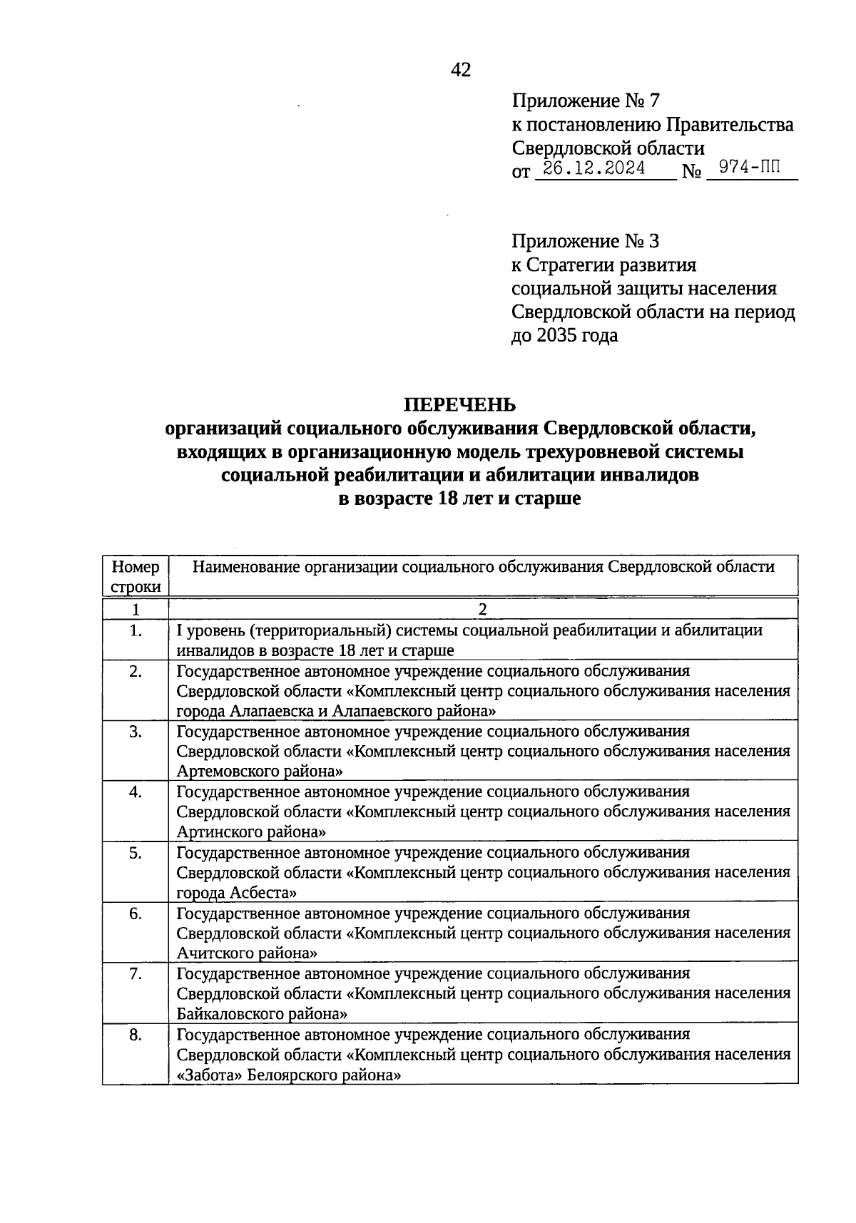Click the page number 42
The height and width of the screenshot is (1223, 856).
[x=461, y=70]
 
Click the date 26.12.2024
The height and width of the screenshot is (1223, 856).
[x=594, y=169]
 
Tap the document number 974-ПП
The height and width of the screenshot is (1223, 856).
[x=749, y=168]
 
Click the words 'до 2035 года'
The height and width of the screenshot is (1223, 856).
[x=564, y=335]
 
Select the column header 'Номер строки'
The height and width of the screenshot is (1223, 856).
[x=136, y=576]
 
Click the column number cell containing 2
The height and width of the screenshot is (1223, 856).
[x=483, y=610]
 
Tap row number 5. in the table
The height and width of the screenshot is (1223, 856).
[x=136, y=853]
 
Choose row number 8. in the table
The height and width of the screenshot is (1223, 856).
[x=136, y=1035]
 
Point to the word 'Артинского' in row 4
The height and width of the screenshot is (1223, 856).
[x=215, y=831]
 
